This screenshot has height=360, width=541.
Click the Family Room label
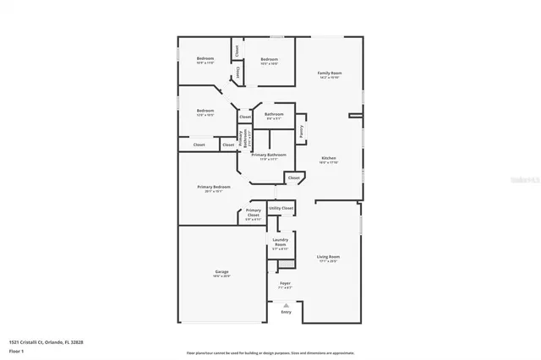coord(329,75)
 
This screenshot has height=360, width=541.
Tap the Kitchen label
coord(328,160)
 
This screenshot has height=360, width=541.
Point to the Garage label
coord(221,273)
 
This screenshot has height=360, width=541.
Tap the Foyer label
coord(285,285)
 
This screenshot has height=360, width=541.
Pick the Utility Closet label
coord(281,207)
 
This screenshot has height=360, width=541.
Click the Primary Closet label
coord(254,214)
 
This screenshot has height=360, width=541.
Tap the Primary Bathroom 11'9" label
coord(269,156)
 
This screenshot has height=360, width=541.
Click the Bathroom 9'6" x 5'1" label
coord(274,116)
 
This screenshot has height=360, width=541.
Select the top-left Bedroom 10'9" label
coord(205,59)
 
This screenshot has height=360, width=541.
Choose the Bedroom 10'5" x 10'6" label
coord(270,59)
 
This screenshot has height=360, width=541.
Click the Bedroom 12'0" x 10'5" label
coord(205,112)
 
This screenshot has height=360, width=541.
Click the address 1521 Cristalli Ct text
coord(46,342)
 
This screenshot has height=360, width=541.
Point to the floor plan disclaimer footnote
coord(270,352)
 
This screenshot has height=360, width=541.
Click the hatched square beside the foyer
coord(287,265)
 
